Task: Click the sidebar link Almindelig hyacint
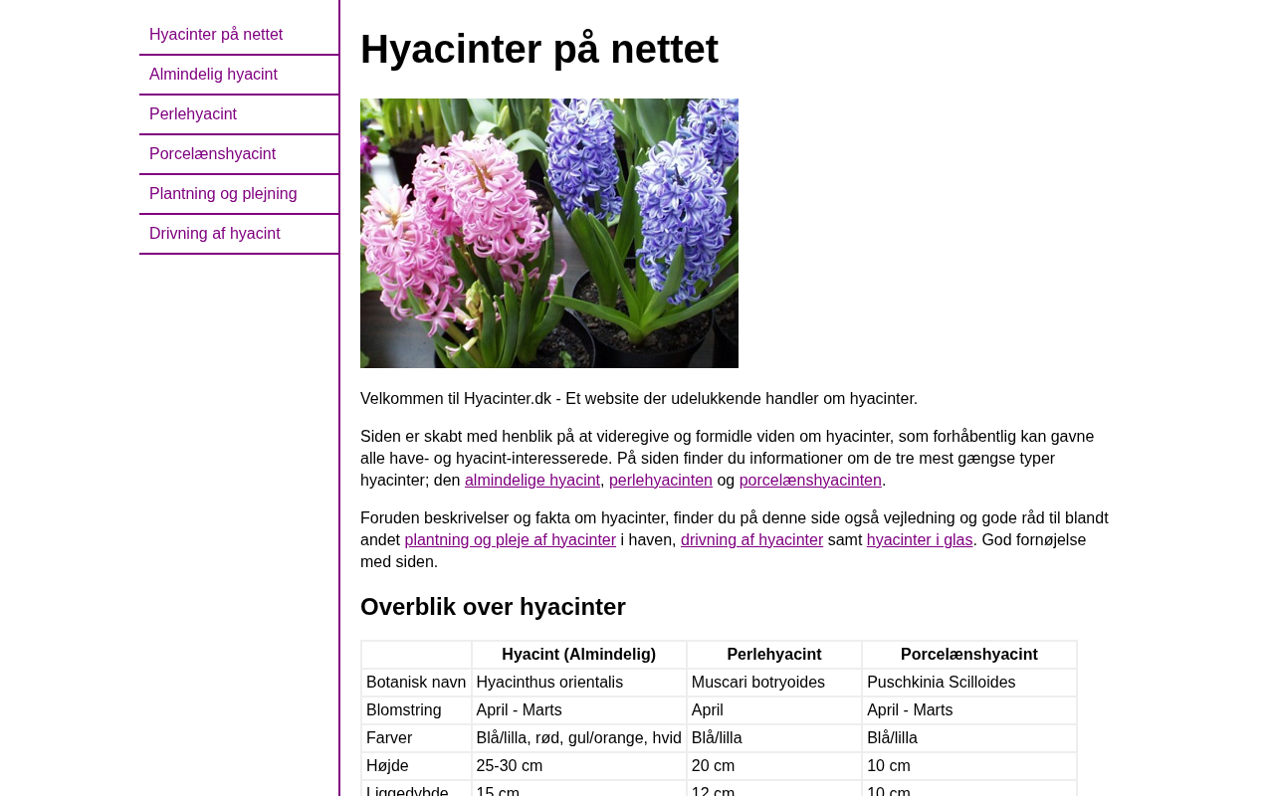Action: (x=213, y=75)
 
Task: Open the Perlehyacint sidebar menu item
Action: (x=193, y=114)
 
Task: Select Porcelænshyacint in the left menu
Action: (x=212, y=154)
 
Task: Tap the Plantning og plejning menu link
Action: (x=223, y=194)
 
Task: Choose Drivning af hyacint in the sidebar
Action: (x=215, y=234)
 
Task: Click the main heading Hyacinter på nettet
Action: (x=538, y=49)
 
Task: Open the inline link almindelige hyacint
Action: (x=531, y=481)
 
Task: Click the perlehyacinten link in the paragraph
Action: (x=660, y=481)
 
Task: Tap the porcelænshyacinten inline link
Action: (x=809, y=481)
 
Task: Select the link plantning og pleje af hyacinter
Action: (x=510, y=540)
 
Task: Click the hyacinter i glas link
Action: (x=919, y=540)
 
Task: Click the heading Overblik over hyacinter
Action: (x=493, y=607)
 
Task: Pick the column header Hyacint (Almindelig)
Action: (x=578, y=655)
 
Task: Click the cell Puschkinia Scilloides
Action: (x=941, y=683)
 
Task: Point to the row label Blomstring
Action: (x=403, y=710)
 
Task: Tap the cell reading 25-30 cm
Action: (x=510, y=766)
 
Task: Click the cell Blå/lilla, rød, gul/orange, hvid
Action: (x=578, y=738)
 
